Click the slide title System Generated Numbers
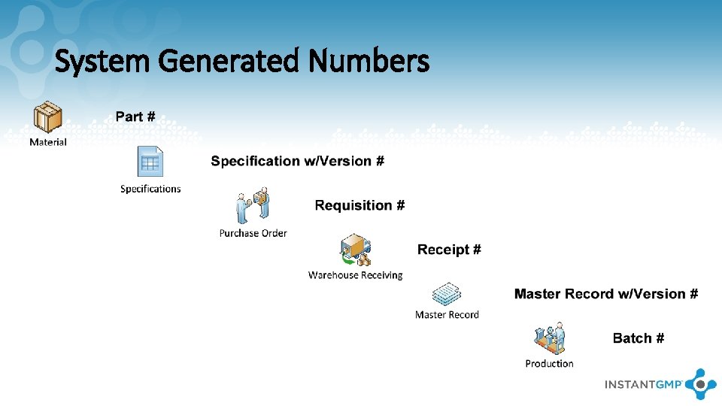coord(241,61)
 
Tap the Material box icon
coord(48,117)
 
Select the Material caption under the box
coord(48,142)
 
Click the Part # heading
coord(135,117)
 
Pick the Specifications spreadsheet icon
coord(150,162)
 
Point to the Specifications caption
coord(150,189)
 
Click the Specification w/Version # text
coord(297,161)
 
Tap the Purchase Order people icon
coord(253,207)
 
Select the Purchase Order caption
coord(253,233)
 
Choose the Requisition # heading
coord(359,205)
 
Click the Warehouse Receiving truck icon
coord(356,250)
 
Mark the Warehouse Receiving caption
coord(355,275)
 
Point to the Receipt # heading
coord(449,250)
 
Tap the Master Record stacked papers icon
coord(447,294)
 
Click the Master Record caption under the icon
coord(447,315)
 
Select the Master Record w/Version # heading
coord(605,294)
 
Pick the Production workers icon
coord(550,339)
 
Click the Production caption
coord(549,364)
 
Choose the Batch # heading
coord(638,338)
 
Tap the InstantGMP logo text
coord(643,384)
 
